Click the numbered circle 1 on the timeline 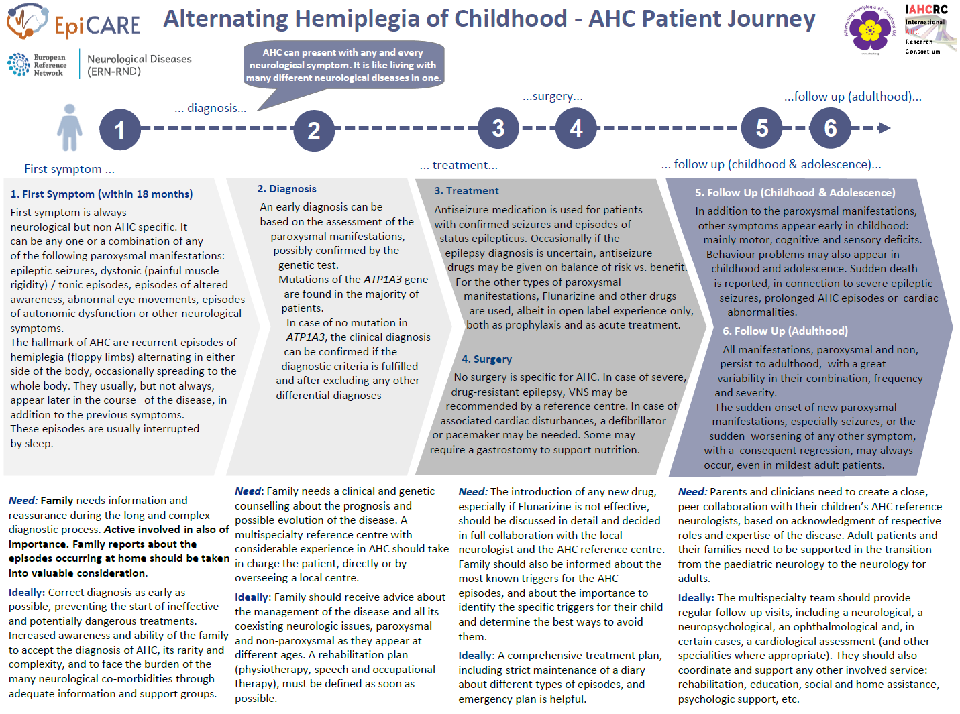coord(120,129)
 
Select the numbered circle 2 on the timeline coord(313,131)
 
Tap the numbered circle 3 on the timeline coord(498,128)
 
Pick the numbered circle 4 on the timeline coord(576,128)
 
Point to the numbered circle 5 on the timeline coord(761,128)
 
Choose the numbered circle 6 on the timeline coord(830,128)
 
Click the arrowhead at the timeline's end coord(884,128)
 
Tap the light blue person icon coord(69,127)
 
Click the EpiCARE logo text coord(97,25)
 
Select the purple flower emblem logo coord(869,29)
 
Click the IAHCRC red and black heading coord(926,9)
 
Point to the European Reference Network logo coord(38,65)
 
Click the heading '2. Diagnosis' coord(286,189)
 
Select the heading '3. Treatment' coord(466,191)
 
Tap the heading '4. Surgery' coord(486,359)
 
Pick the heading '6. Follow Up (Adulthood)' coord(785,331)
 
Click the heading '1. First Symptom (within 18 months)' coord(101,194)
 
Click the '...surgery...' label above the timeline coord(552,97)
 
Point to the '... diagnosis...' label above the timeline coord(210,108)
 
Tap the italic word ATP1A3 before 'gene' coord(382,280)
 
